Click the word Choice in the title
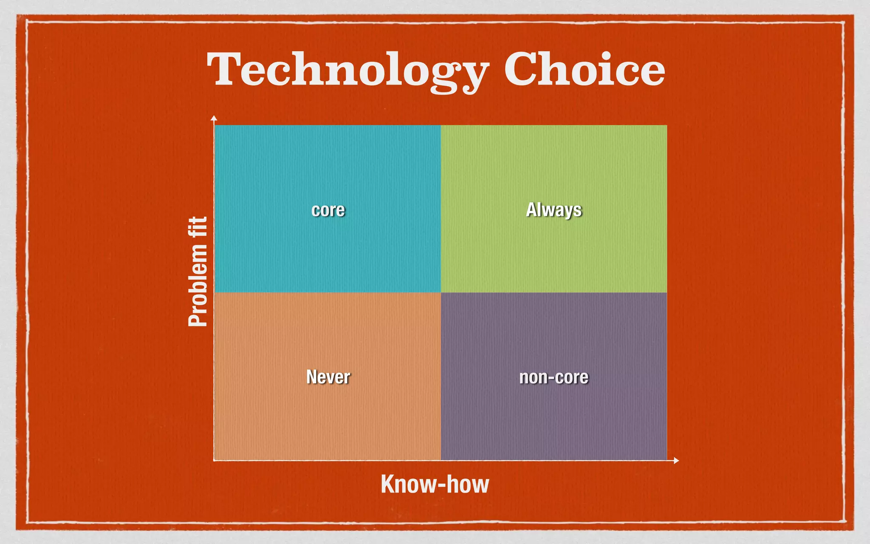584,69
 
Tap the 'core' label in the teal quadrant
328,210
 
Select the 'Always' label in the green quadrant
554,210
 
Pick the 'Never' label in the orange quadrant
328,377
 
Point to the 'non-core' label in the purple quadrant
554,377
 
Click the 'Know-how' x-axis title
435,484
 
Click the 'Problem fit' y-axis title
198,272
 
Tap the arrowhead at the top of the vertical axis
214,118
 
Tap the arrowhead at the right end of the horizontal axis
676,460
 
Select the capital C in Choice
520,69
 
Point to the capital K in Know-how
387,484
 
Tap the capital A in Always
531,210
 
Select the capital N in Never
312,377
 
